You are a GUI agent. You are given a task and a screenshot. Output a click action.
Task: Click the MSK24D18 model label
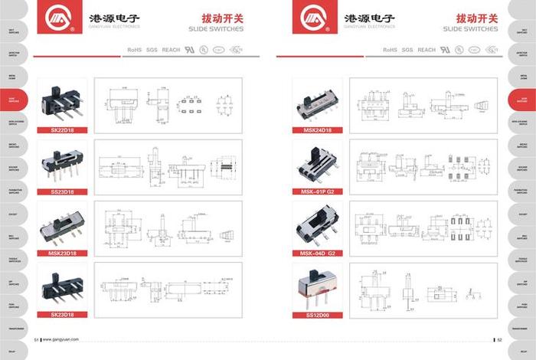317,129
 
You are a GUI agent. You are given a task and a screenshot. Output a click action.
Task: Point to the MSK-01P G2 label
317,191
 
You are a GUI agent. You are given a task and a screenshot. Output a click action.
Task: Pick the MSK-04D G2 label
317,253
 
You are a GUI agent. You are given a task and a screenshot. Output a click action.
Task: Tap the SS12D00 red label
317,314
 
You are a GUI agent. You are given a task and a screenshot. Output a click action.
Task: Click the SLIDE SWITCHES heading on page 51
215,29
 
